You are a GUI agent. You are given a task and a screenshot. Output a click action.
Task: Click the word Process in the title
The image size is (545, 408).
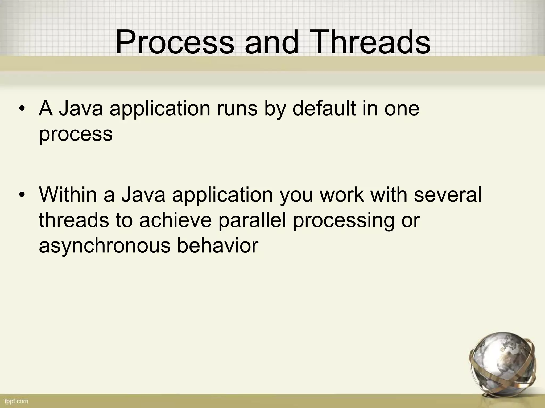click(x=174, y=42)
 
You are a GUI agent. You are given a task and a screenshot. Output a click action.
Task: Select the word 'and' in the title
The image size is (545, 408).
click(x=272, y=42)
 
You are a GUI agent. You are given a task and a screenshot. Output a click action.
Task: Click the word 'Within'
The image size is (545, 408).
click(x=68, y=194)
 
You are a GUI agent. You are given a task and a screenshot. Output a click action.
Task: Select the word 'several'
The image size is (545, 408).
click(x=448, y=194)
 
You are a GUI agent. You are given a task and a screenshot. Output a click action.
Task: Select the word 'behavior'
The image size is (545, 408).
click(x=218, y=246)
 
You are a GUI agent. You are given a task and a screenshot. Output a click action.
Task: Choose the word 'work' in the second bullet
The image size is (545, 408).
click(x=341, y=194)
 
